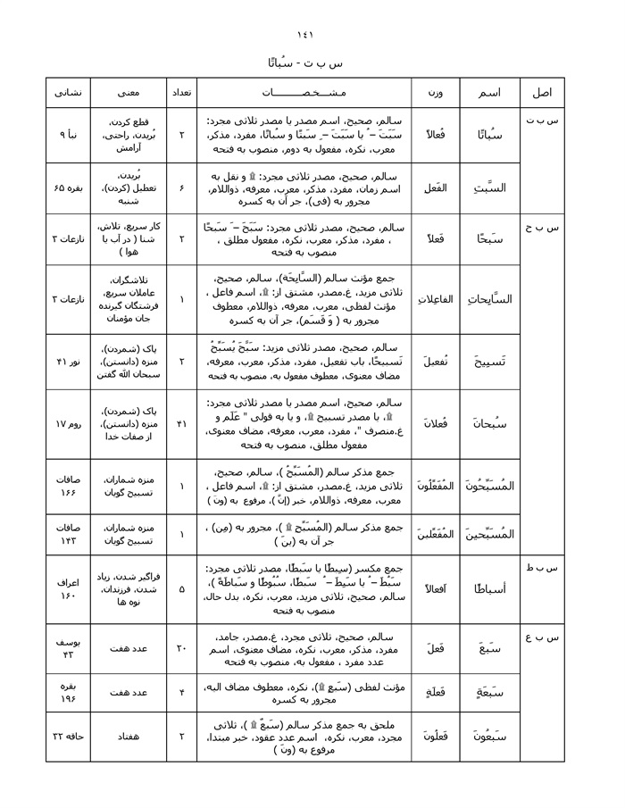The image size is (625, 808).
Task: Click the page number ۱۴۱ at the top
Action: [x=312, y=35]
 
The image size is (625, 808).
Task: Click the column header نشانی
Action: [x=68, y=93]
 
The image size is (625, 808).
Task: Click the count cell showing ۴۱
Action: [x=181, y=423]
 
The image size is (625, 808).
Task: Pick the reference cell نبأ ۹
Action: [x=69, y=134]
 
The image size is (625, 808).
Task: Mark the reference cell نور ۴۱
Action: [x=69, y=361]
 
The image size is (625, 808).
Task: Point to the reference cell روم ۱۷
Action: [x=69, y=423]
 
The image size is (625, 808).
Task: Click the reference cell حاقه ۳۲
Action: [x=69, y=736]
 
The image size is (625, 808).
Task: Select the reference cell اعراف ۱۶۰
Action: [x=69, y=589]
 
